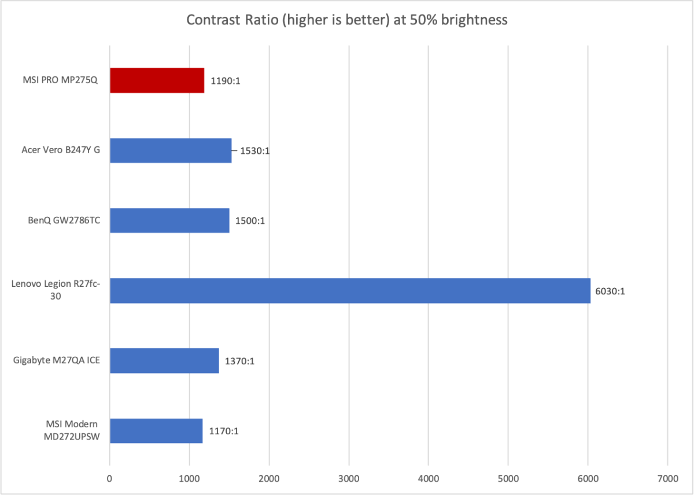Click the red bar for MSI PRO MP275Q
point(157,80)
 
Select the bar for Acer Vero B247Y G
point(171,150)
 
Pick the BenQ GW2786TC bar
point(169,220)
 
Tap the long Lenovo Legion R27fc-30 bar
point(350,290)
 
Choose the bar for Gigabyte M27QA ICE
point(164,360)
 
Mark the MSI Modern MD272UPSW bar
point(156,430)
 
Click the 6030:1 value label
point(610,291)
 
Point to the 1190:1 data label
point(225,81)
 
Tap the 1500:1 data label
point(250,221)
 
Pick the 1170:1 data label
point(223,431)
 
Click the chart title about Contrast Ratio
point(347,20)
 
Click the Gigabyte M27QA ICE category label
point(56,360)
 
